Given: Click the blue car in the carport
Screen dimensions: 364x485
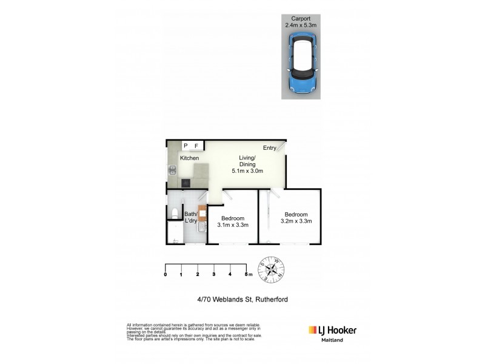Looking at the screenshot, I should (x=301, y=65).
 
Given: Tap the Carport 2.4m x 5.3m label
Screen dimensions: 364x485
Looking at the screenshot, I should (x=301, y=22).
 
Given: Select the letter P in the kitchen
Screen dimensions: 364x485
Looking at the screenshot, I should (x=186, y=146).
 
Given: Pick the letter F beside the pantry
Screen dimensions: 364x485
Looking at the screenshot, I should (x=196, y=146).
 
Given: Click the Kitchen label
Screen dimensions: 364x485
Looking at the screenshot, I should (x=189, y=158).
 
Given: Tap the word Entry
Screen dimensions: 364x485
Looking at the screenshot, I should (x=270, y=148).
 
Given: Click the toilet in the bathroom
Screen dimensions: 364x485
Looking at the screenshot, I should (x=174, y=212).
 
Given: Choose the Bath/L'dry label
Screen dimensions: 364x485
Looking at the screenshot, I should (x=191, y=217).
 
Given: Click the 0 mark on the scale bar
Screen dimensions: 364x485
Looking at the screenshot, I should (x=166, y=275).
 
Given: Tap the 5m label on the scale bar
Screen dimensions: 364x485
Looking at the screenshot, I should (x=247, y=275).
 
